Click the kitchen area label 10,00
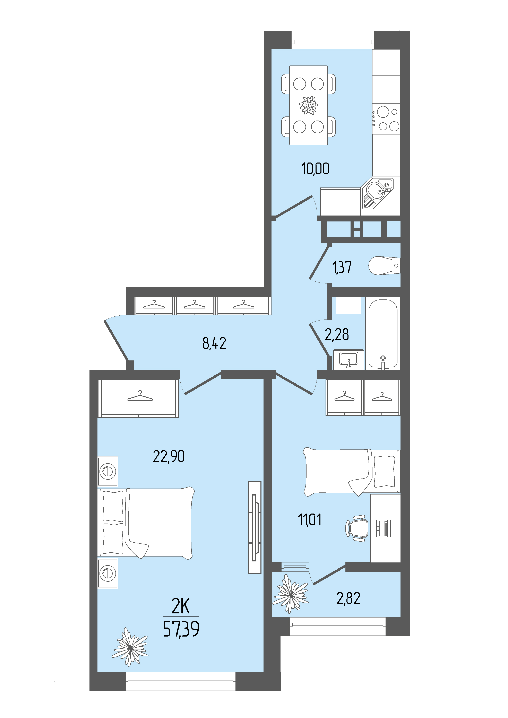(x=315, y=169)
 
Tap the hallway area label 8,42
(x=214, y=343)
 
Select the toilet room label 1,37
(x=342, y=267)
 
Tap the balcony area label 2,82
(x=348, y=598)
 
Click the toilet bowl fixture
(x=384, y=266)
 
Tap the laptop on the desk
(x=384, y=528)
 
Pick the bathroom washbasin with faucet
(x=349, y=360)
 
